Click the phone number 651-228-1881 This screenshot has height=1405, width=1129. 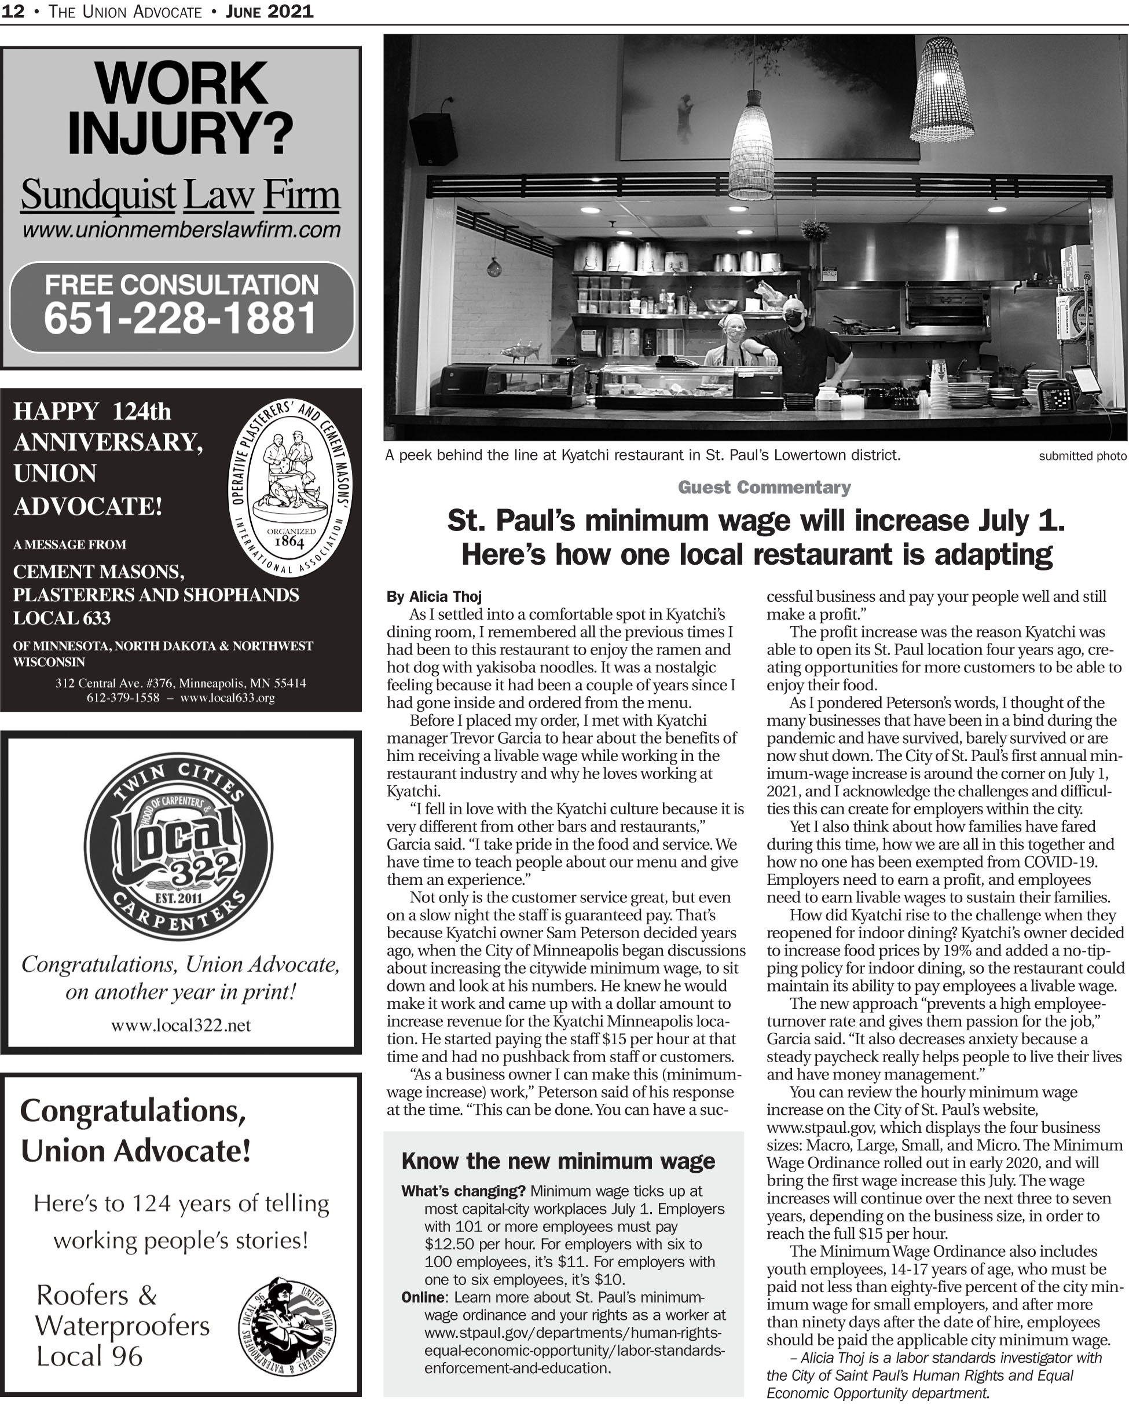(181, 318)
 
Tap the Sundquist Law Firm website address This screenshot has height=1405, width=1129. (181, 230)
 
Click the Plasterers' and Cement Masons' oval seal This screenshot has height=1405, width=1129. (290, 488)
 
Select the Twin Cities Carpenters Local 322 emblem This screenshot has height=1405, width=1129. (178, 846)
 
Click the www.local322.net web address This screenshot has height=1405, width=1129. (181, 1026)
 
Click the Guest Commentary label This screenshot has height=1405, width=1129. (764, 488)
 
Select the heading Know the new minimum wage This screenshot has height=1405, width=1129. (558, 1161)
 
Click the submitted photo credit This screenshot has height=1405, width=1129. (1082, 456)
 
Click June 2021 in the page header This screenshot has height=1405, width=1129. (269, 11)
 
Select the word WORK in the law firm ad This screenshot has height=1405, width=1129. (181, 83)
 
